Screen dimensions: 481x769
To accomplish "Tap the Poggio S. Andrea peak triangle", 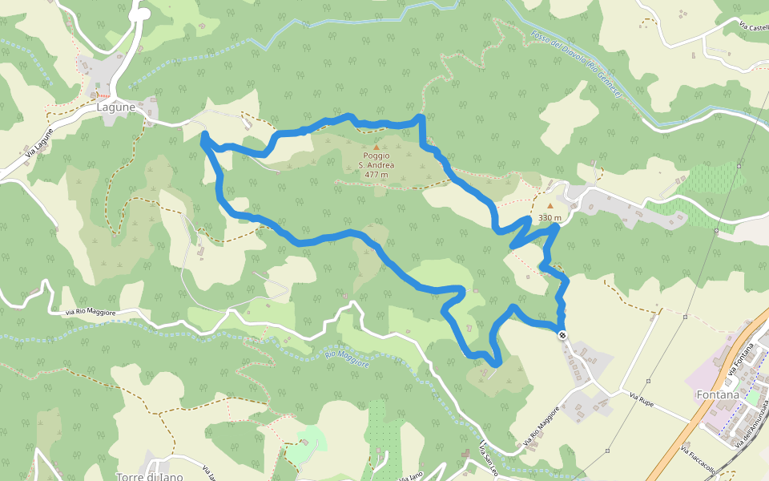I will (376, 147).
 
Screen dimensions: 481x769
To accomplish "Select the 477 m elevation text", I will (376, 174).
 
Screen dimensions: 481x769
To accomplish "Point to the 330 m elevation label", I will (550, 218).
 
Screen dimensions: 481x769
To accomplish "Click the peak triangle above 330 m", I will (550, 206).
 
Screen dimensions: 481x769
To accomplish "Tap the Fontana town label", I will (717, 395).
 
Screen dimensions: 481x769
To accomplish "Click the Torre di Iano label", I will (149, 477).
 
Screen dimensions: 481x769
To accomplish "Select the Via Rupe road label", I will (642, 399).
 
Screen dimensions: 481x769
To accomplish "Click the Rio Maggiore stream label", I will (348, 358).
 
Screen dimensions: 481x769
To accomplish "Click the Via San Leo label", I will (488, 454).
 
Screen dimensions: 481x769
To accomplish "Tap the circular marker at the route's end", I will (562, 334).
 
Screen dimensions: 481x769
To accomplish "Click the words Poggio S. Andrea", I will (376, 160).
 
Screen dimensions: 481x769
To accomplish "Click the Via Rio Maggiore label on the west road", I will (90, 312).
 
